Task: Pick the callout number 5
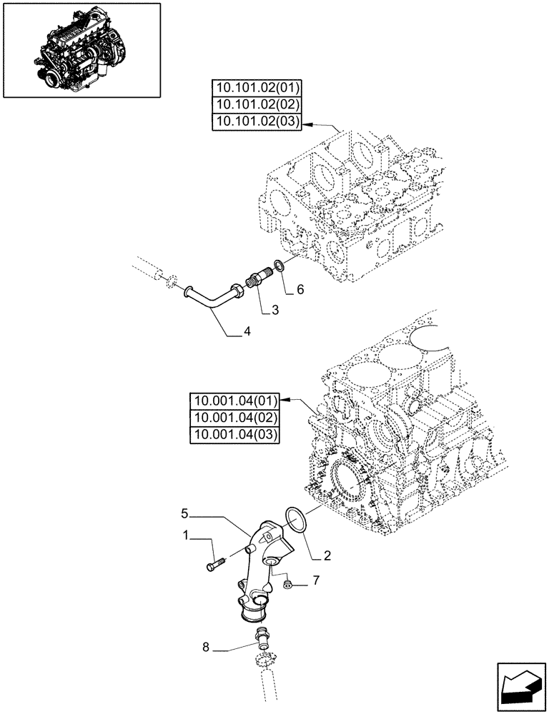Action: pos(184,513)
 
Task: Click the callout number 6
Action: pos(300,290)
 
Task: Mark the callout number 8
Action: pos(206,648)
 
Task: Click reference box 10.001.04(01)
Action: pos(236,401)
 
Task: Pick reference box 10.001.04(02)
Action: pos(236,418)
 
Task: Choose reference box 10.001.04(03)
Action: pos(236,435)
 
